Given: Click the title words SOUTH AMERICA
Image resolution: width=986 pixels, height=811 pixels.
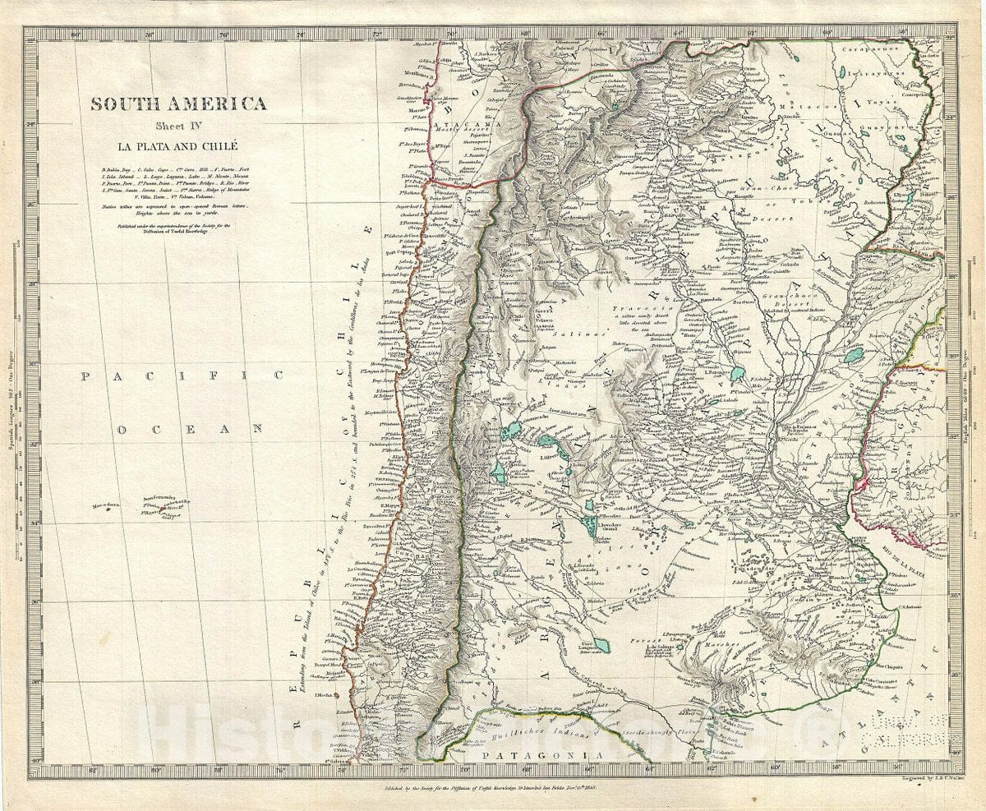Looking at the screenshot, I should [x=178, y=104].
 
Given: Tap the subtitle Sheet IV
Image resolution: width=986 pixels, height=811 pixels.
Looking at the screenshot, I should [x=178, y=127].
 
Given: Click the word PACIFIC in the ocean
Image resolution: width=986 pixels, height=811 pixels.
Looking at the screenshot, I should [x=182, y=376].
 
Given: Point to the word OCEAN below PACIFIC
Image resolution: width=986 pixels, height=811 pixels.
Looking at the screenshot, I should [x=189, y=428].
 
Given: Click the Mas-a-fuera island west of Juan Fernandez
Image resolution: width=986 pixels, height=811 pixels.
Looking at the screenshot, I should [x=108, y=507].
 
